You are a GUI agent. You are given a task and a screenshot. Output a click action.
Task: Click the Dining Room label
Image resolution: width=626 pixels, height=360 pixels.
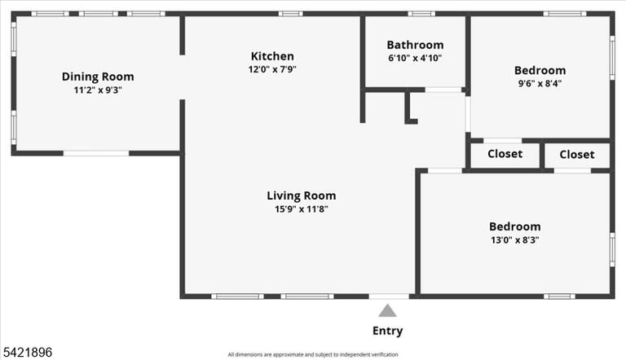tap(98, 77)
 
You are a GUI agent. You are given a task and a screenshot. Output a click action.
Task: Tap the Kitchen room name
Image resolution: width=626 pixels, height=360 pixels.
tap(272, 56)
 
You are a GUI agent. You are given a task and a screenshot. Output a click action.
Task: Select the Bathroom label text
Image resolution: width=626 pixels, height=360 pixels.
tap(415, 45)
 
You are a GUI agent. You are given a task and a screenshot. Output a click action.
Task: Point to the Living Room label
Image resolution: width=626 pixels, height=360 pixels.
tap(302, 195)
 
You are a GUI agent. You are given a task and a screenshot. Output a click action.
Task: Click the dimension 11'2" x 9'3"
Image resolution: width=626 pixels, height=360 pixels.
tap(98, 90)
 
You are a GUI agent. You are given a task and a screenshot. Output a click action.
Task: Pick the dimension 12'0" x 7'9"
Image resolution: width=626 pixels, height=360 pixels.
tap(272, 69)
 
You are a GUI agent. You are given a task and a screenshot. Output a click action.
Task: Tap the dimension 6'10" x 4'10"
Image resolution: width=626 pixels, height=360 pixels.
tap(415, 58)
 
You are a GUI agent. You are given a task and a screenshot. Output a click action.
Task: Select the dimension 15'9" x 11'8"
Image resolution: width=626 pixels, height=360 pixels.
tap(302, 209)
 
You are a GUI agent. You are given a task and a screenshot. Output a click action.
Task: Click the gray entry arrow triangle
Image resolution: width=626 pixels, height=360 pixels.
tap(387, 310)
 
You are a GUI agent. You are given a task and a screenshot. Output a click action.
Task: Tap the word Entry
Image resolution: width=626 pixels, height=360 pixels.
tap(388, 331)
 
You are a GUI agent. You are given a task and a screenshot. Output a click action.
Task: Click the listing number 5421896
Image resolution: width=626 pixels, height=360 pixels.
tap(28, 352)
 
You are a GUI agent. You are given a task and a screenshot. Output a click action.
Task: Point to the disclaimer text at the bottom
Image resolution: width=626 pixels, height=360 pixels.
tap(313, 354)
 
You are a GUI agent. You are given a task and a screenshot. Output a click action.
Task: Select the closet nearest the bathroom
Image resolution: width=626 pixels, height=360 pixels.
tap(505, 154)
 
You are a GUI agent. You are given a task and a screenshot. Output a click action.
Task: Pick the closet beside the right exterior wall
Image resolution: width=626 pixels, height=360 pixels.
tap(577, 155)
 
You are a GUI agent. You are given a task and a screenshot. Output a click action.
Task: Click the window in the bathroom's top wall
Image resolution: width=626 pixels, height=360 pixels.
tap(421, 14)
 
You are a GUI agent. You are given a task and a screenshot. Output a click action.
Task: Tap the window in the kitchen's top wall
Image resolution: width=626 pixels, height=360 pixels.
tap(291, 14)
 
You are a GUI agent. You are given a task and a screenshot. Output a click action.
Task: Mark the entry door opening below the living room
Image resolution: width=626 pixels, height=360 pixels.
tap(389, 296)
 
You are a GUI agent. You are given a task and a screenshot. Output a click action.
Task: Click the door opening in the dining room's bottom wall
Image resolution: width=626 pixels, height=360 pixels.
tap(96, 153)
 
